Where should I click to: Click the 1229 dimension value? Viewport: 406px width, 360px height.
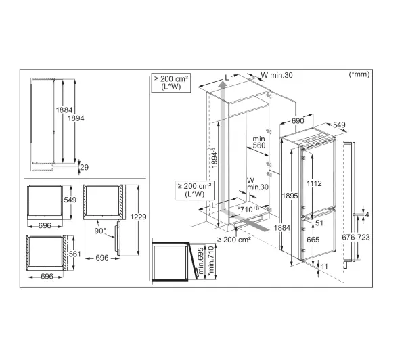click(138, 217)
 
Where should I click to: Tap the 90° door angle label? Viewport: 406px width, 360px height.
click(100, 231)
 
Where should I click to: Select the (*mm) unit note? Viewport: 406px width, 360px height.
click(359, 74)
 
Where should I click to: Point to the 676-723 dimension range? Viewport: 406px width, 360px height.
click(356, 238)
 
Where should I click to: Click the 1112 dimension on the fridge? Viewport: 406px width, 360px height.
click(314, 183)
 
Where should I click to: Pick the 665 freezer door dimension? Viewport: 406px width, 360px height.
click(313, 240)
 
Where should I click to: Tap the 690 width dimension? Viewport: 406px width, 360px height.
click(298, 121)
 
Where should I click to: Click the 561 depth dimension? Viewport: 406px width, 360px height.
click(75, 254)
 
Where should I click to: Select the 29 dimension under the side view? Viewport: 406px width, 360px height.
click(85, 167)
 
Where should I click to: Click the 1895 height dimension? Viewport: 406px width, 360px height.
click(290, 196)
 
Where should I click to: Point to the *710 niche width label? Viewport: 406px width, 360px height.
click(248, 209)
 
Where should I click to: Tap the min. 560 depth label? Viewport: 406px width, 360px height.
click(259, 142)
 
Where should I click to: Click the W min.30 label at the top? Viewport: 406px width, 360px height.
click(277, 75)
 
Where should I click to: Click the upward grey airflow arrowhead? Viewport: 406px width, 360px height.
click(222, 85)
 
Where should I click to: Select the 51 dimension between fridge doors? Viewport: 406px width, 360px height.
click(319, 223)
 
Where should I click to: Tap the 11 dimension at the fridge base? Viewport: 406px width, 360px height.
click(324, 267)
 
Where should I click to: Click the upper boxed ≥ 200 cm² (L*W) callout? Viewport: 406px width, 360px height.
click(171, 83)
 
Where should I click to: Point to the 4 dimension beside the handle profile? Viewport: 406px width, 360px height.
click(367, 215)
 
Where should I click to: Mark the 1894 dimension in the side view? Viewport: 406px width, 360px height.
click(76, 118)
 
